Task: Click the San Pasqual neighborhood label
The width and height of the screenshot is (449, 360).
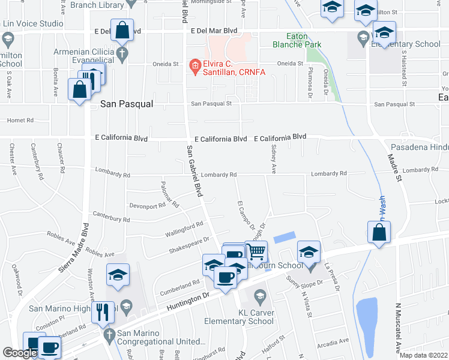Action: tap(126, 104)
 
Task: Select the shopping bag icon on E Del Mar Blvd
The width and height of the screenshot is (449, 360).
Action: tap(122, 29)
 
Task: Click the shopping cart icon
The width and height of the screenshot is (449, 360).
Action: tap(256, 251)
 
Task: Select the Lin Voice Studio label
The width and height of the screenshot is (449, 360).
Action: tap(33, 24)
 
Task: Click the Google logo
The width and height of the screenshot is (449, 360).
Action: tap(20, 353)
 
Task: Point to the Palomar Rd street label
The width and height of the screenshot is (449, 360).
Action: tap(170, 194)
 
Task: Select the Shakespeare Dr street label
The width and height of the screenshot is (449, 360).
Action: tap(188, 244)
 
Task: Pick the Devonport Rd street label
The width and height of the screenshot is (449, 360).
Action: tap(147, 205)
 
